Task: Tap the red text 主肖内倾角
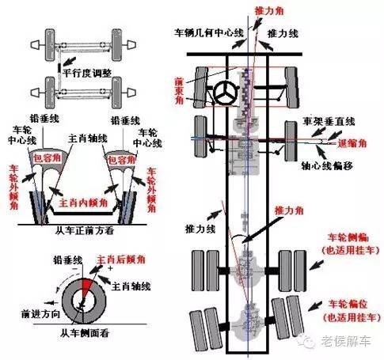point(86,203)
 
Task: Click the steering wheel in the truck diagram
point(227,93)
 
